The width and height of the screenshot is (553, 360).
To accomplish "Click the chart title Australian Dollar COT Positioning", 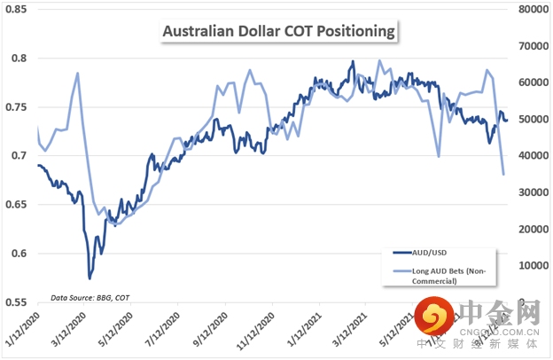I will (x=278, y=32).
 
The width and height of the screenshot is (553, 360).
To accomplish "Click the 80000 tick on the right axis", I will (x=532, y=10).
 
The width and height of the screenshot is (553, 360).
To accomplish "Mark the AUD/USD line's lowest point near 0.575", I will (x=90, y=278).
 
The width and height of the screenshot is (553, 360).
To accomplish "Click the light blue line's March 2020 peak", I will (x=78, y=73).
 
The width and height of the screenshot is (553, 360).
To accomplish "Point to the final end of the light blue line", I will (x=503, y=175).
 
